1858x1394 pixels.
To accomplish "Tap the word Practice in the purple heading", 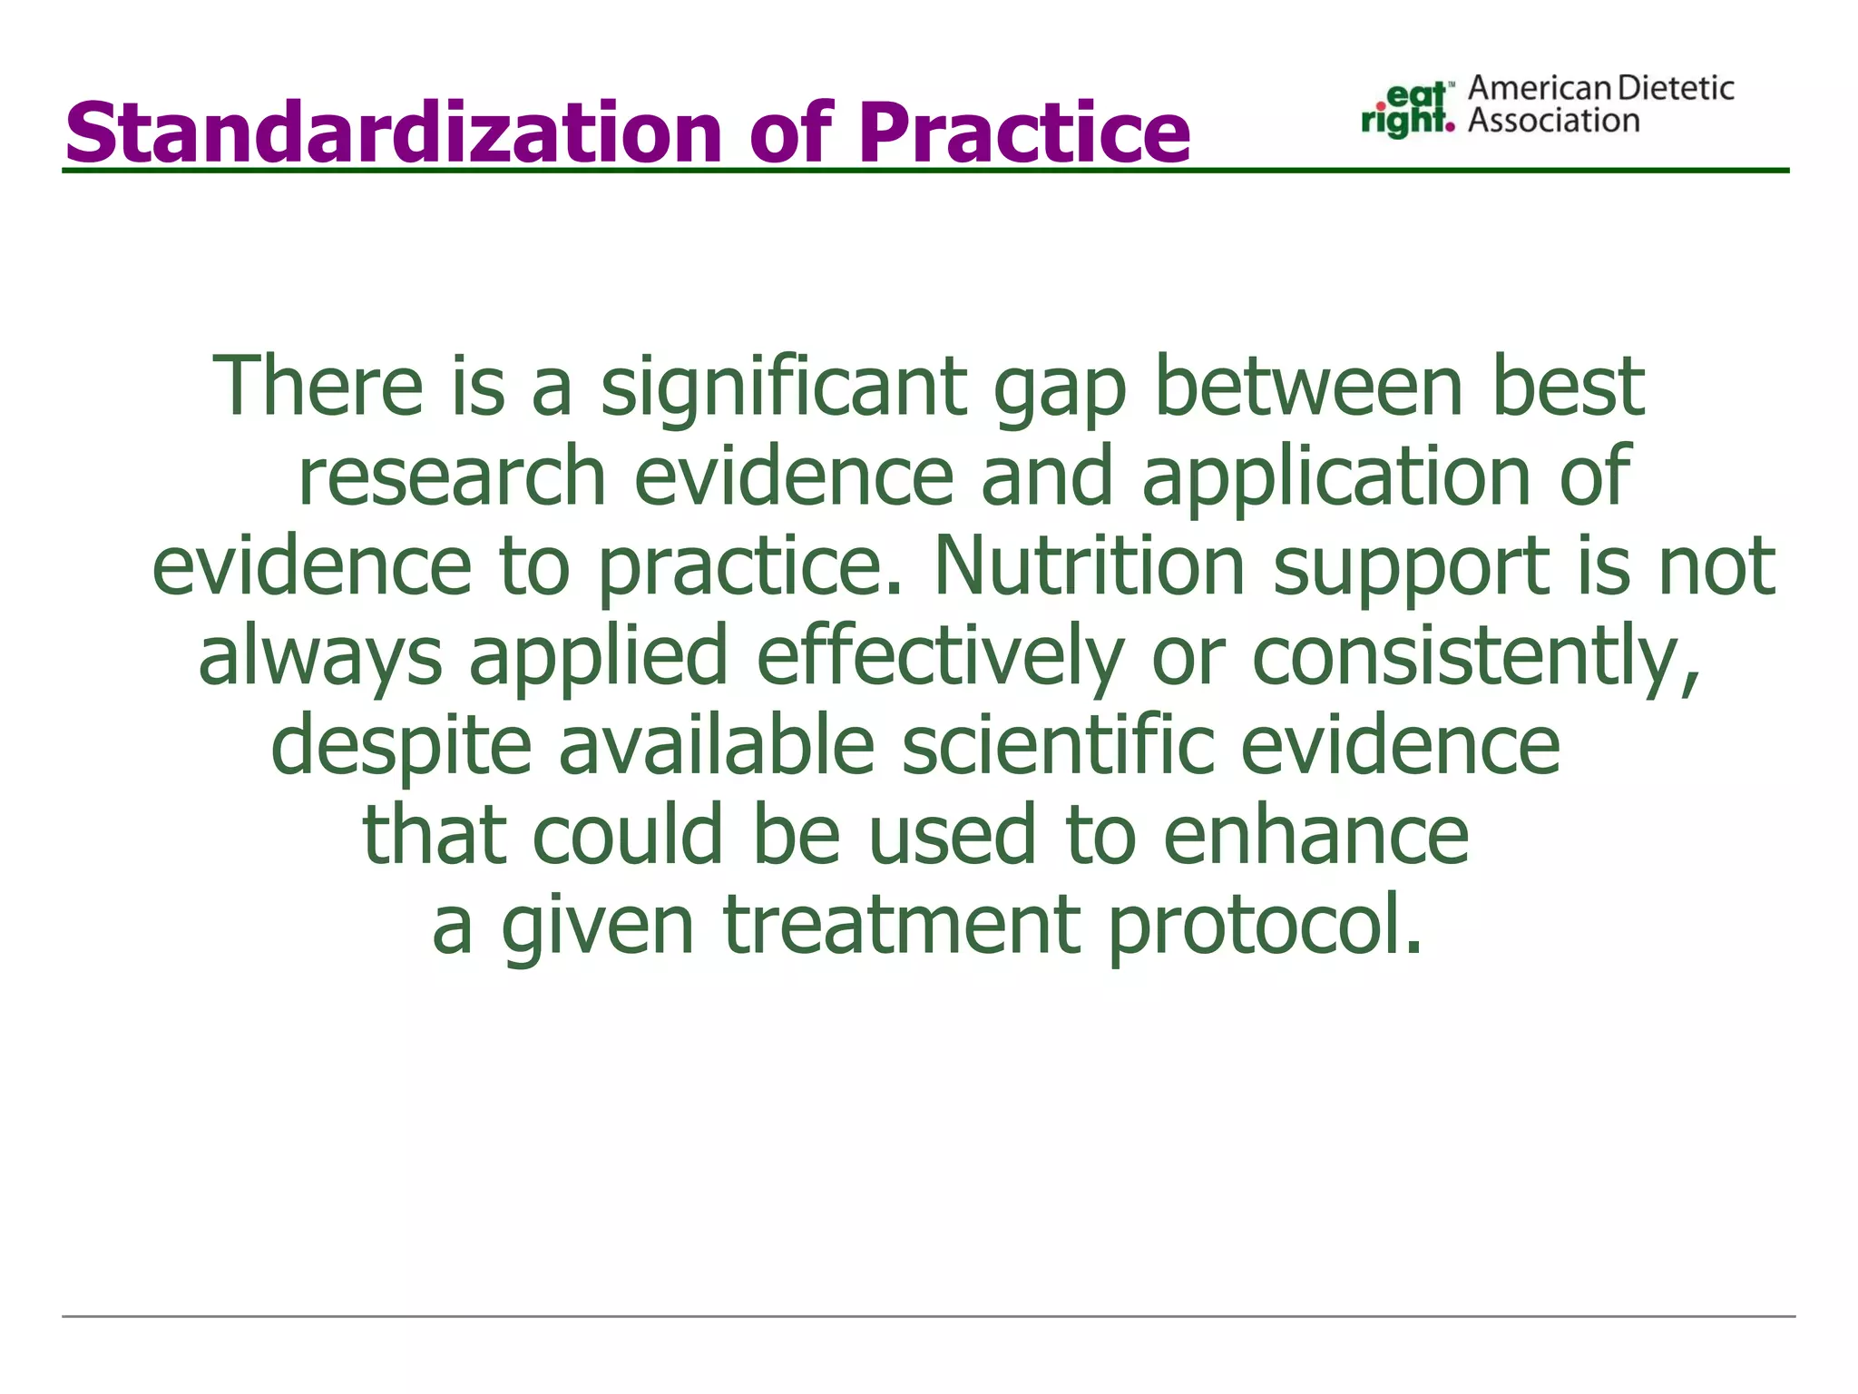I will [x=1023, y=133].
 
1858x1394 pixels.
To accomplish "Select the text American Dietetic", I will [x=1600, y=88].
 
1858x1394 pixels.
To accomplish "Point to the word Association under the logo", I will [x=1553, y=121].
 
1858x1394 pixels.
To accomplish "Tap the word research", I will [x=452, y=476].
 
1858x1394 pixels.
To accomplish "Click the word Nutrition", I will [x=1089, y=565].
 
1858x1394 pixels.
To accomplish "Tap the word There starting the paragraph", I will [x=318, y=388].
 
